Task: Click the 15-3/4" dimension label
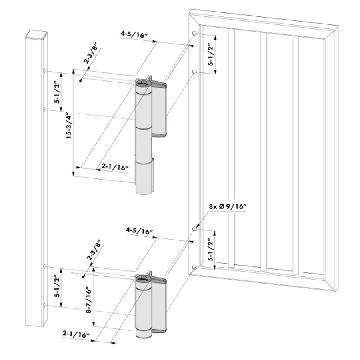point(68,125)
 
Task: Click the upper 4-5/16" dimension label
point(134,35)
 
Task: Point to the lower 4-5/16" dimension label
point(140,231)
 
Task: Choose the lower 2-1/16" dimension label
point(76,333)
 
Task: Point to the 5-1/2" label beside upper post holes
point(57,92)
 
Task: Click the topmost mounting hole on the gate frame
point(194,33)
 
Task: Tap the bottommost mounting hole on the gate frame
point(194,267)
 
